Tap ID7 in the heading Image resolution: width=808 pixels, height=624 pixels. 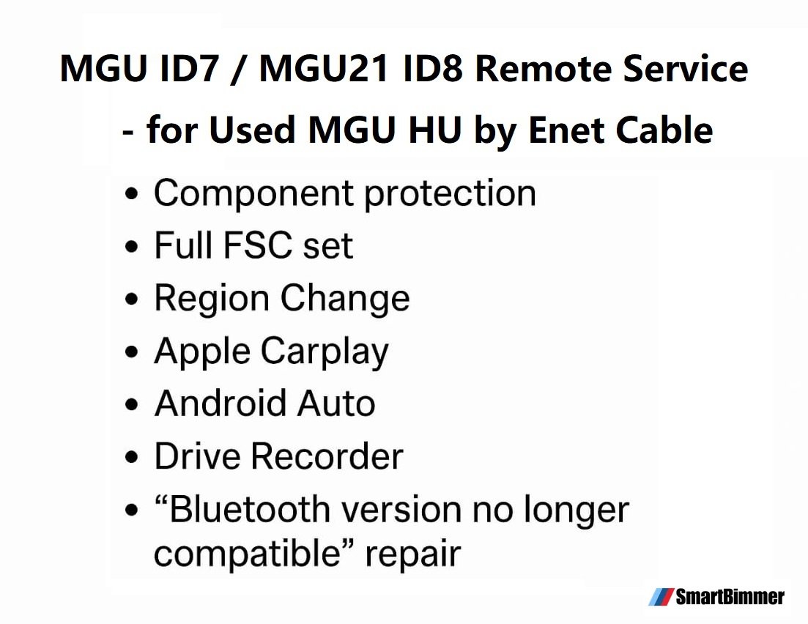(189, 69)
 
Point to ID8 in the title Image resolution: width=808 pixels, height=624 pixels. (431, 69)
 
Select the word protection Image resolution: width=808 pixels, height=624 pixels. (450, 194)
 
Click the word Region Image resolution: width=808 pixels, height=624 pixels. (212, 300)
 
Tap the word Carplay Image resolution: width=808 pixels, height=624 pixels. (325, 352)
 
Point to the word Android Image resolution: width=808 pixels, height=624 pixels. (221, 403)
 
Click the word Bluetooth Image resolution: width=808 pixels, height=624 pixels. (249, 510)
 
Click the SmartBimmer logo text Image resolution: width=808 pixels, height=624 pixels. (730, 597)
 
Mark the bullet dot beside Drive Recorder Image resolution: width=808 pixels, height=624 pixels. (132, 457)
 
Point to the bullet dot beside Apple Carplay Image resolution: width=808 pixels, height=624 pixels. (132, 352)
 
